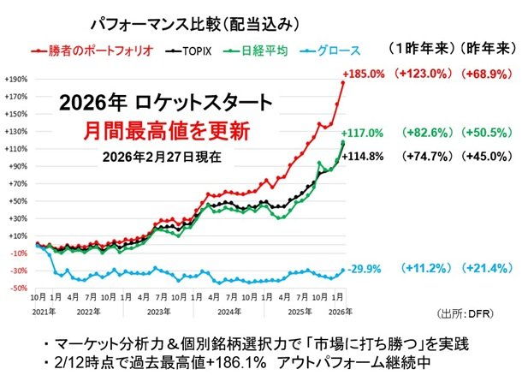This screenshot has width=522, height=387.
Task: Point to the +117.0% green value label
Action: tap(365, 134)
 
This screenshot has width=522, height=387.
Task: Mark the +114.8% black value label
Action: tap(365, 156)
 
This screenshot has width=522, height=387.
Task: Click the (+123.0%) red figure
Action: tap(425, 74)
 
